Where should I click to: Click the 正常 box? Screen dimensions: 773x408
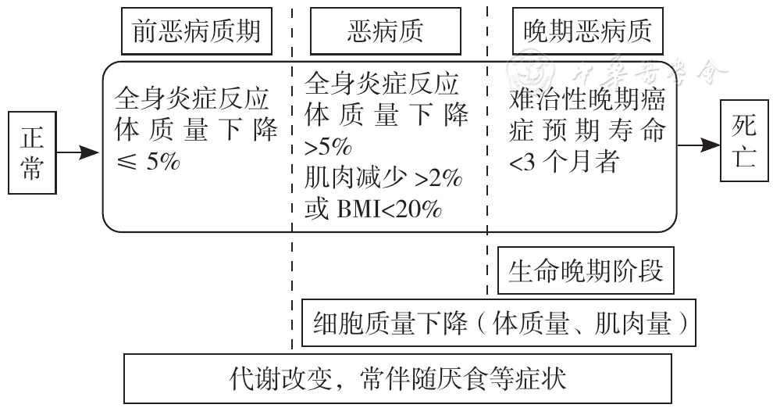click(x=32, y=152)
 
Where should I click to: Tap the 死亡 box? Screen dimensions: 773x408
click(x=744, y=141)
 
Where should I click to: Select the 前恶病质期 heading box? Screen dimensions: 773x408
click(x=197, y=31)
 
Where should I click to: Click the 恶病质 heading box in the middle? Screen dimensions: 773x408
click(x=386, y=31)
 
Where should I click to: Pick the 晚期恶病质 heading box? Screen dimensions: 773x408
click(x=588, y=31)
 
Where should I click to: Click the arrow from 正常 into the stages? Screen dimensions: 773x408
click(x=78, y=152)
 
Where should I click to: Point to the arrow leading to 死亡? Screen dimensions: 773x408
click(x=699, y=145)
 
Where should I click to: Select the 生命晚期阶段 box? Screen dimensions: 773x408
click(x=586, y=271)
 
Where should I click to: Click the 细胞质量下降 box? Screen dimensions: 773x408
click(x=499, y=323)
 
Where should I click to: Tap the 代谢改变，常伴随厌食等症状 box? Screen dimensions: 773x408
click(x=397, y=378)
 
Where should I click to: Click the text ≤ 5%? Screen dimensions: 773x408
click(x=148, y=161)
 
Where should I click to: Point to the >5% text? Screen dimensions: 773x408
click(x=328, y=147)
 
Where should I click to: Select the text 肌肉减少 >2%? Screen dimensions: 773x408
click(x=383, y=178)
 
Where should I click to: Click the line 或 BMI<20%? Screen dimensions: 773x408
click(x=373, y=209)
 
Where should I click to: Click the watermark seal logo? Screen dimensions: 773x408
click(x=530, y=73)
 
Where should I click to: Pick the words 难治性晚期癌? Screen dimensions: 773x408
click(x=587, y=100)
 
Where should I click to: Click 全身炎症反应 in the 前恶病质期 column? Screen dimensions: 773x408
click(x=192, y=98)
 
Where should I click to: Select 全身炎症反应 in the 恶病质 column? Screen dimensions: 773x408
click(x=382, y=84)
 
